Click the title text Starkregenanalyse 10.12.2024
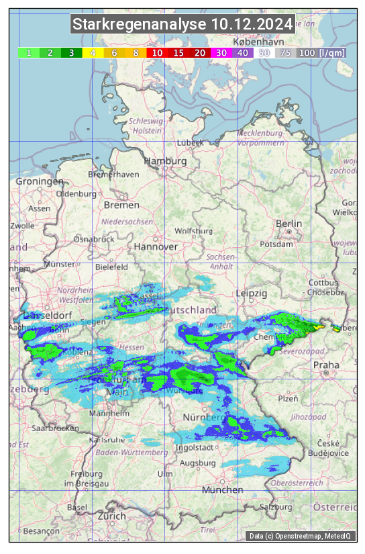pos(182,25)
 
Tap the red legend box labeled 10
pos(157,52)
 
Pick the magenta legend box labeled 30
pos(221,52)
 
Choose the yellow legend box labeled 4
pos(93,52)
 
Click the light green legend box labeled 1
pos(30,52)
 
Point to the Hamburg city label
pos(166,162)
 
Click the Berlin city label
pos(289,224)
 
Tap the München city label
pos(222,490)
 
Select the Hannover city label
pos(156,246)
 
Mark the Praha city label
pos(326,365)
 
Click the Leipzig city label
pos(252,293)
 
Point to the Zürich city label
pos(111,516)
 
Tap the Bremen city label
pos(121,205)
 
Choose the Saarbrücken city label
pos(57,427)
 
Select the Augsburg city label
pos(198,463)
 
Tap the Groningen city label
pos(39,181)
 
